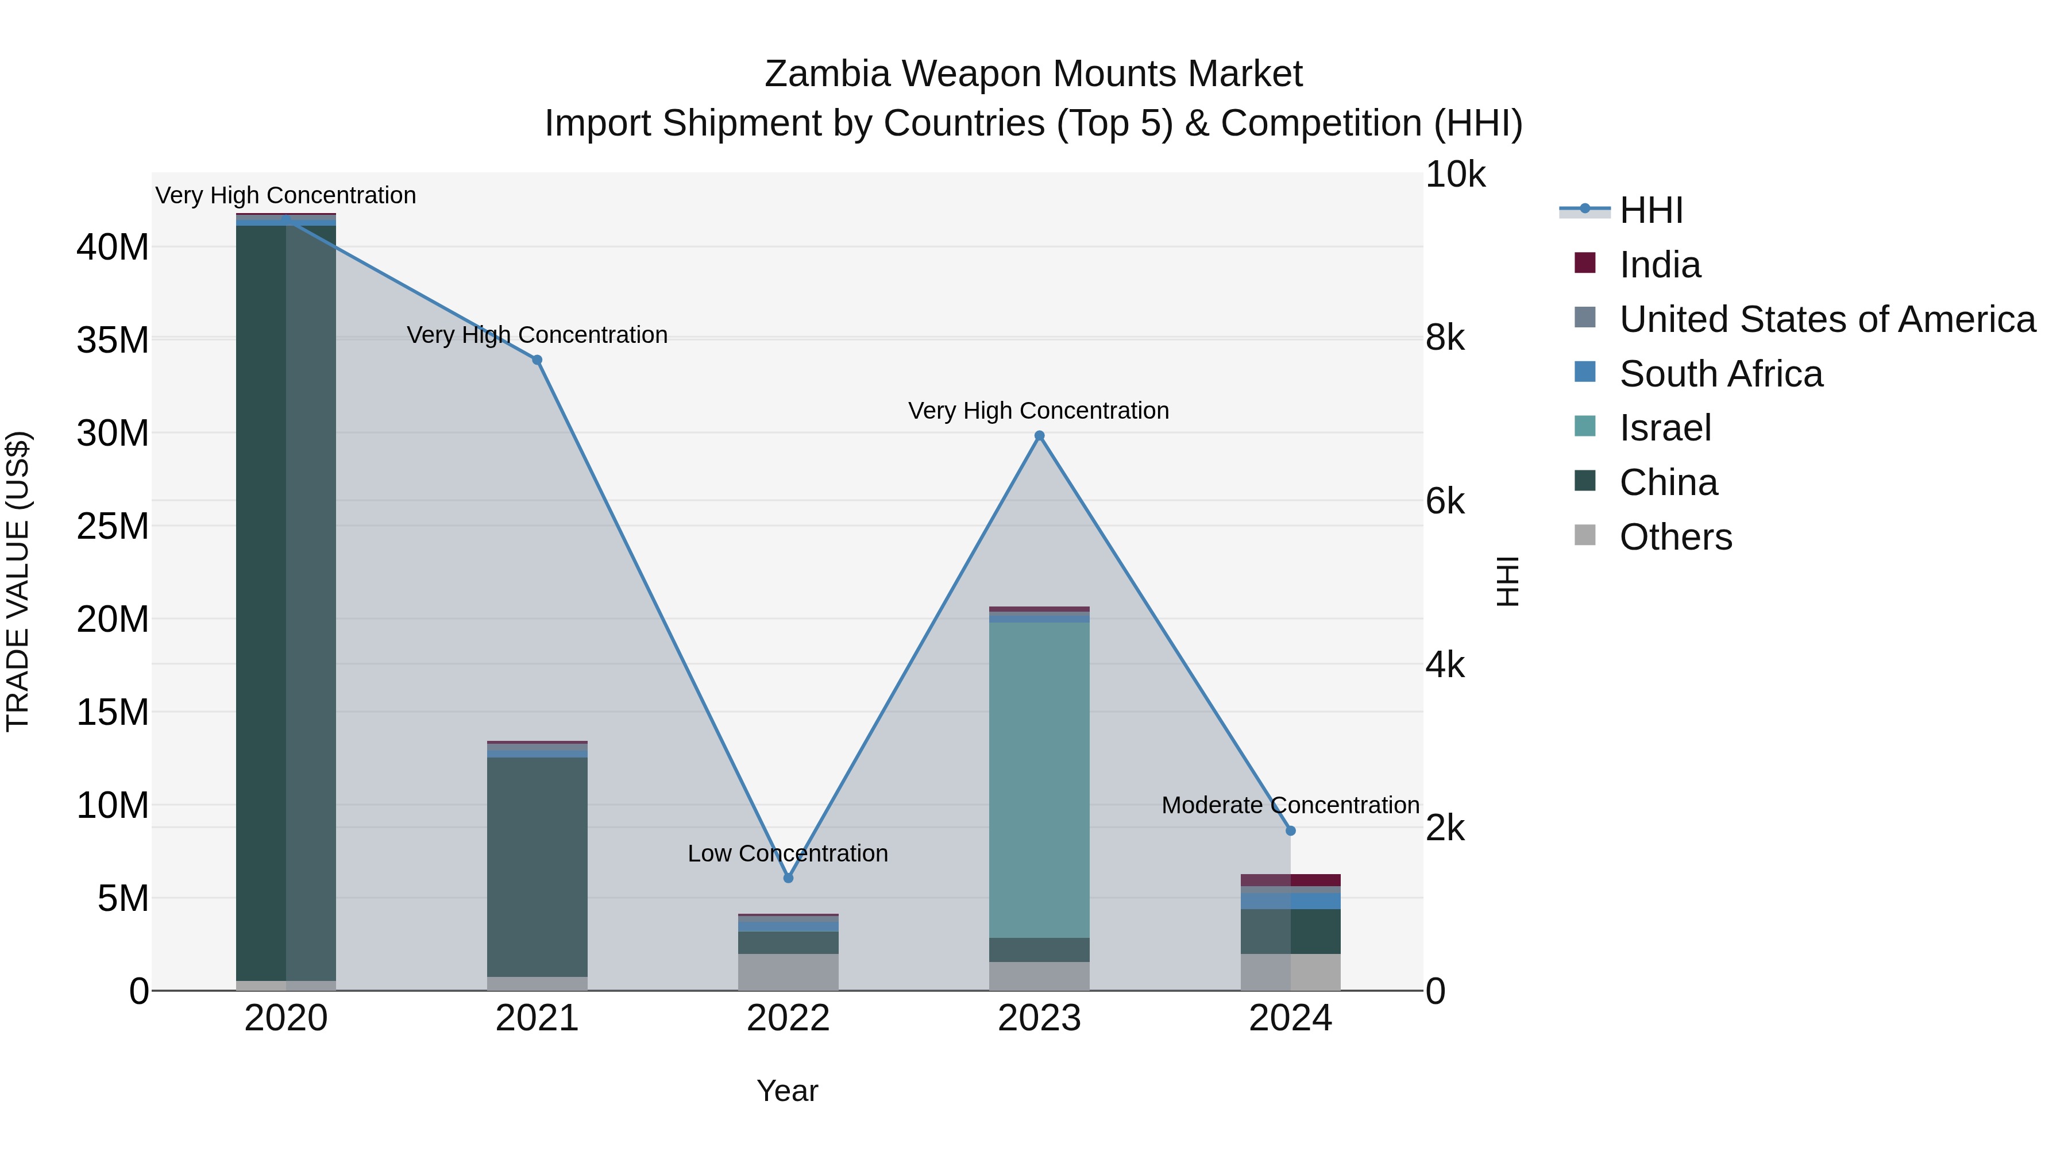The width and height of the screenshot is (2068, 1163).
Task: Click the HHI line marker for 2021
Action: (x=537, y=360)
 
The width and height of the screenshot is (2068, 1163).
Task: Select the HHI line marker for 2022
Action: (x=788, y=878)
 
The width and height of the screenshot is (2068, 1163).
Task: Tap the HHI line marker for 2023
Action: (x=1040, y=436)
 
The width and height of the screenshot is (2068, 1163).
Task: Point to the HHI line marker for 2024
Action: (x=1291, y=830)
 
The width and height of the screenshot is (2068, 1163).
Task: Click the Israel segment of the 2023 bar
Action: (x=1040, y=779)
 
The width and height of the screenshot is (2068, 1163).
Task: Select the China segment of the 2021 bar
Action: (x=537, y=867)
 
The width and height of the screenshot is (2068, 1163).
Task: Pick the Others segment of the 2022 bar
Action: (x=788, y=972)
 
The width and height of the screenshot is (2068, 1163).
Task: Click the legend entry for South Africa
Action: (x=1720, y=374)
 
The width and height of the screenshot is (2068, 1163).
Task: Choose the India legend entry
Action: (x=1660, y=265)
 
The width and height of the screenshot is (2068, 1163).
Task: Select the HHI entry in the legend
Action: (x=1650, y=210)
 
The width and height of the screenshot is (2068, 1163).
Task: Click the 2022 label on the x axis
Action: (x=788, y=1018)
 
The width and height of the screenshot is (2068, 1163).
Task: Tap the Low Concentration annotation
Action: (x=788, y=853)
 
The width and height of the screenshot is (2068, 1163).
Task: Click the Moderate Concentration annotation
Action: (x=1290, y=805)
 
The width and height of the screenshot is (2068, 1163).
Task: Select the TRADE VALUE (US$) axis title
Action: (x=18, y=581)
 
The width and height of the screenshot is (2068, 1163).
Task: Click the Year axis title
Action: (x=788, y=1091)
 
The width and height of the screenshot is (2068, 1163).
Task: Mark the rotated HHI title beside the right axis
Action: (x=1508, y=581)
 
